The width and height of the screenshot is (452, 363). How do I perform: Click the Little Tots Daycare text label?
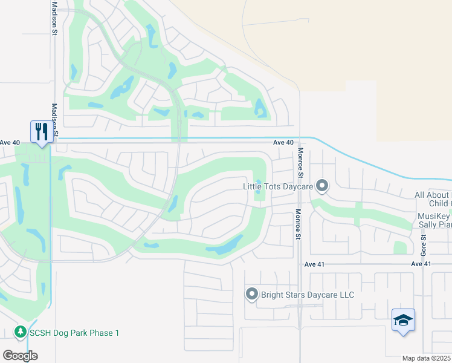(x=277, y=186)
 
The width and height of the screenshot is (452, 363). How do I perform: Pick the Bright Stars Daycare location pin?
(x=251, y=295)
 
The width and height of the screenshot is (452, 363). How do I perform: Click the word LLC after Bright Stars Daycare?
(x=345, y=295)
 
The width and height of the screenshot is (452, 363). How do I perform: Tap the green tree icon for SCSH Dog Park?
(x=20, y=332)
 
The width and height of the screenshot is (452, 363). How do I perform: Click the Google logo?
(x=20, y=355)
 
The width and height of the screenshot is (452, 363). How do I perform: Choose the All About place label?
(x=431, y=195)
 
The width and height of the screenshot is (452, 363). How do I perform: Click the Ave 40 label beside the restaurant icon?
(x=10, y=143)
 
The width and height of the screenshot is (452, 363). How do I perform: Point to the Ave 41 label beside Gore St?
(x=421, y=264)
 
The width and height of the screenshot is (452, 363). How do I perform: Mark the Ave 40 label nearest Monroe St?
(x=283, y=143)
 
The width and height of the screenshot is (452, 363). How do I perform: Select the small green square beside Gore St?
(x=400, y=247)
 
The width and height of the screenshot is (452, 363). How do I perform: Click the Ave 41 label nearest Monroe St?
(x=315, y=264)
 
